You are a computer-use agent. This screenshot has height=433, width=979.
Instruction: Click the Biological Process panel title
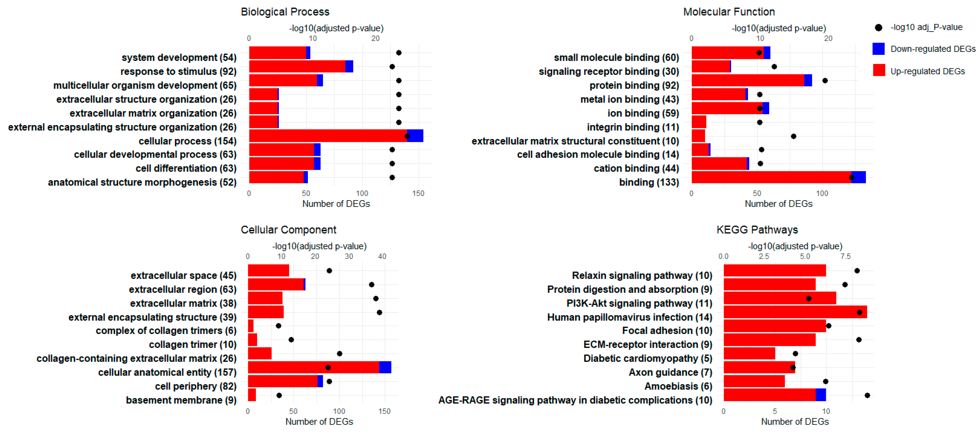point(285,12)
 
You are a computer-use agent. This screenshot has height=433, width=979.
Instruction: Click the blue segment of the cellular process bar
point(415,136)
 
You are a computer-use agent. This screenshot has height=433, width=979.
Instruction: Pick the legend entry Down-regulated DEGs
point(933,49)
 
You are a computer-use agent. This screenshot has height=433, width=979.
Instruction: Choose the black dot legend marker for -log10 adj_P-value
point(878,27)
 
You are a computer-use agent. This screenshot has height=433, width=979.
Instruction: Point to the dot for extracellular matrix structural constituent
point(793,136)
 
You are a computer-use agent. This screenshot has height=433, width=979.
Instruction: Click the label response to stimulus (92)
point(178,71)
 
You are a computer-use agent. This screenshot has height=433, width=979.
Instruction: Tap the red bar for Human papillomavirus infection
point(794,312)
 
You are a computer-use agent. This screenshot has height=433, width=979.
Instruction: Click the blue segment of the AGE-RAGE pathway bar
point(820,395)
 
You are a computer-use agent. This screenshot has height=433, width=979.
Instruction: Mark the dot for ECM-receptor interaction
point(859,340)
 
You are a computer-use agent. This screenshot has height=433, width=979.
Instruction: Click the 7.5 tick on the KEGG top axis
point(845,256)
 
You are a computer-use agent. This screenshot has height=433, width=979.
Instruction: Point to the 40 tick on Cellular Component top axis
point(382,256)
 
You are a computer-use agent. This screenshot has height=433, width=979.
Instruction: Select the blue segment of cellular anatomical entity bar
point(385,367)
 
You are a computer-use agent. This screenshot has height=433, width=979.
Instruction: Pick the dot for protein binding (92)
point(825,80)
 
